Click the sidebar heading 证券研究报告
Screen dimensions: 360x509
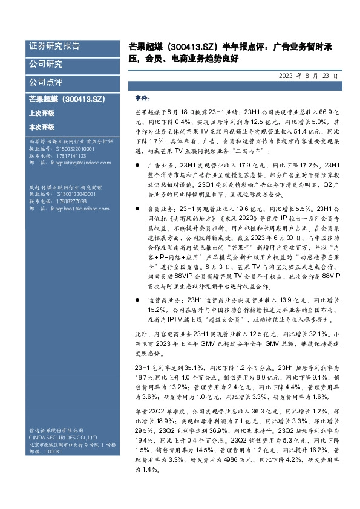point(54,47)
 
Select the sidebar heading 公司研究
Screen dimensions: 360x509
point(45,64)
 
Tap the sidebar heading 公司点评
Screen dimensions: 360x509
point(45,82)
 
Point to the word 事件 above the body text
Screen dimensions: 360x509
point(143,99)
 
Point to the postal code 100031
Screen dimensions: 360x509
point(54,452)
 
